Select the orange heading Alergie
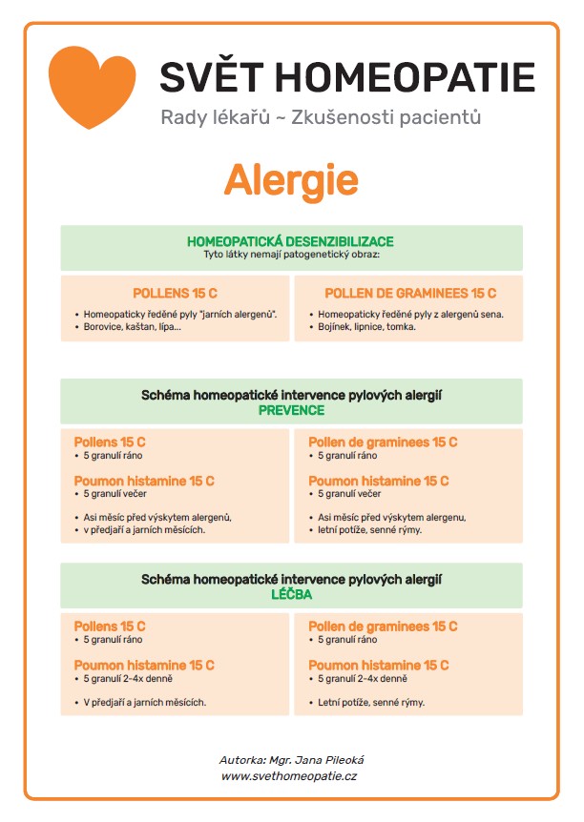pyautogui.click(x=291, y=180)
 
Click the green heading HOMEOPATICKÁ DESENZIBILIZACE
pyautogui.click(x=291, y=241)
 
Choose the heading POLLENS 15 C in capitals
pyautogui.click(x=175, y=294)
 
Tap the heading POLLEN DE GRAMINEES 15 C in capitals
pyautogui.click(x=410, y=294)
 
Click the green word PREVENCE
pyautogui.click(x=291, y=410)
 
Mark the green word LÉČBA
pyautogui.click(x=291, y=594)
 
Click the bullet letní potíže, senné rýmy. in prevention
pyautogui.click(x=370, y=529)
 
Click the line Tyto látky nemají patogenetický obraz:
pyautogui.click(x=291, y=255)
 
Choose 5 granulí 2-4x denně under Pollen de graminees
pyautogui.click(x=363, y=678)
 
